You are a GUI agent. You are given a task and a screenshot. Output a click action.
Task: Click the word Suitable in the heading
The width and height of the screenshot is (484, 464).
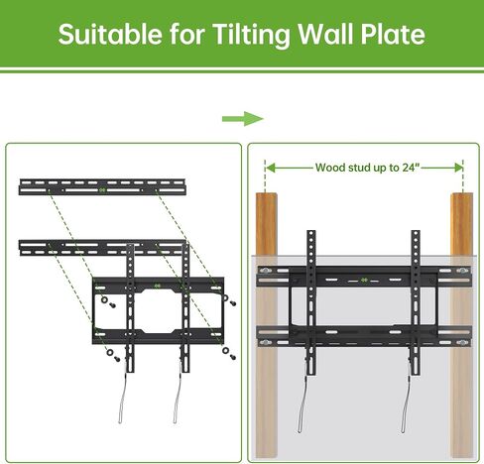click(x=110, y=35)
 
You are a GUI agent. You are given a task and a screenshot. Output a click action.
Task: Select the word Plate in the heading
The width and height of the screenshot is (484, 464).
click(x=393, y=35)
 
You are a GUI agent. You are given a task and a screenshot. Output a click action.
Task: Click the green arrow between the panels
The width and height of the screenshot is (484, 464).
click(x=243, y=119)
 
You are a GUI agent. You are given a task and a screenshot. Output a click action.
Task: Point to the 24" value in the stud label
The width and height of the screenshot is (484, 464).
click(x=411, y=168)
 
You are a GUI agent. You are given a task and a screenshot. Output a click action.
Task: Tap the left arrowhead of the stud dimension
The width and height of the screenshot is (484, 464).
click(x=270, y=168)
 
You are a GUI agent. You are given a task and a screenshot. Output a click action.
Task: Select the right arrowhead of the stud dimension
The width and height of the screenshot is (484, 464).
click(x=458, y=168)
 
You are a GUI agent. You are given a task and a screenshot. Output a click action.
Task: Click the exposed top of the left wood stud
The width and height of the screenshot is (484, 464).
click(x=267, y=224)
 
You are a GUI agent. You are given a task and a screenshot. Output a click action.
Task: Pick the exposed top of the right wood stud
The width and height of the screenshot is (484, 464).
click(x=461, y=224)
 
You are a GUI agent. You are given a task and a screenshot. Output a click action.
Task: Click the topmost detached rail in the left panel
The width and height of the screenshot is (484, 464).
click(x=102, y=187)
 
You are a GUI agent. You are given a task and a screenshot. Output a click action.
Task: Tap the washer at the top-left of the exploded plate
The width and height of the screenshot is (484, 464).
click(x=104, y=300)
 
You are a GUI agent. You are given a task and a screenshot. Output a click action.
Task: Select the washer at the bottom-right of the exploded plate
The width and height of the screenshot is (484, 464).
click(x=226, y=351)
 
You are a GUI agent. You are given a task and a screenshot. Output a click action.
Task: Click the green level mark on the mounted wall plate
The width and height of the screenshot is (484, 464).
click(x=364, y=280)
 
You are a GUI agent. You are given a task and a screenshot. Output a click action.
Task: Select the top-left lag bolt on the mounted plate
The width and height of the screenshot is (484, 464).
click(x=265, y=271)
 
